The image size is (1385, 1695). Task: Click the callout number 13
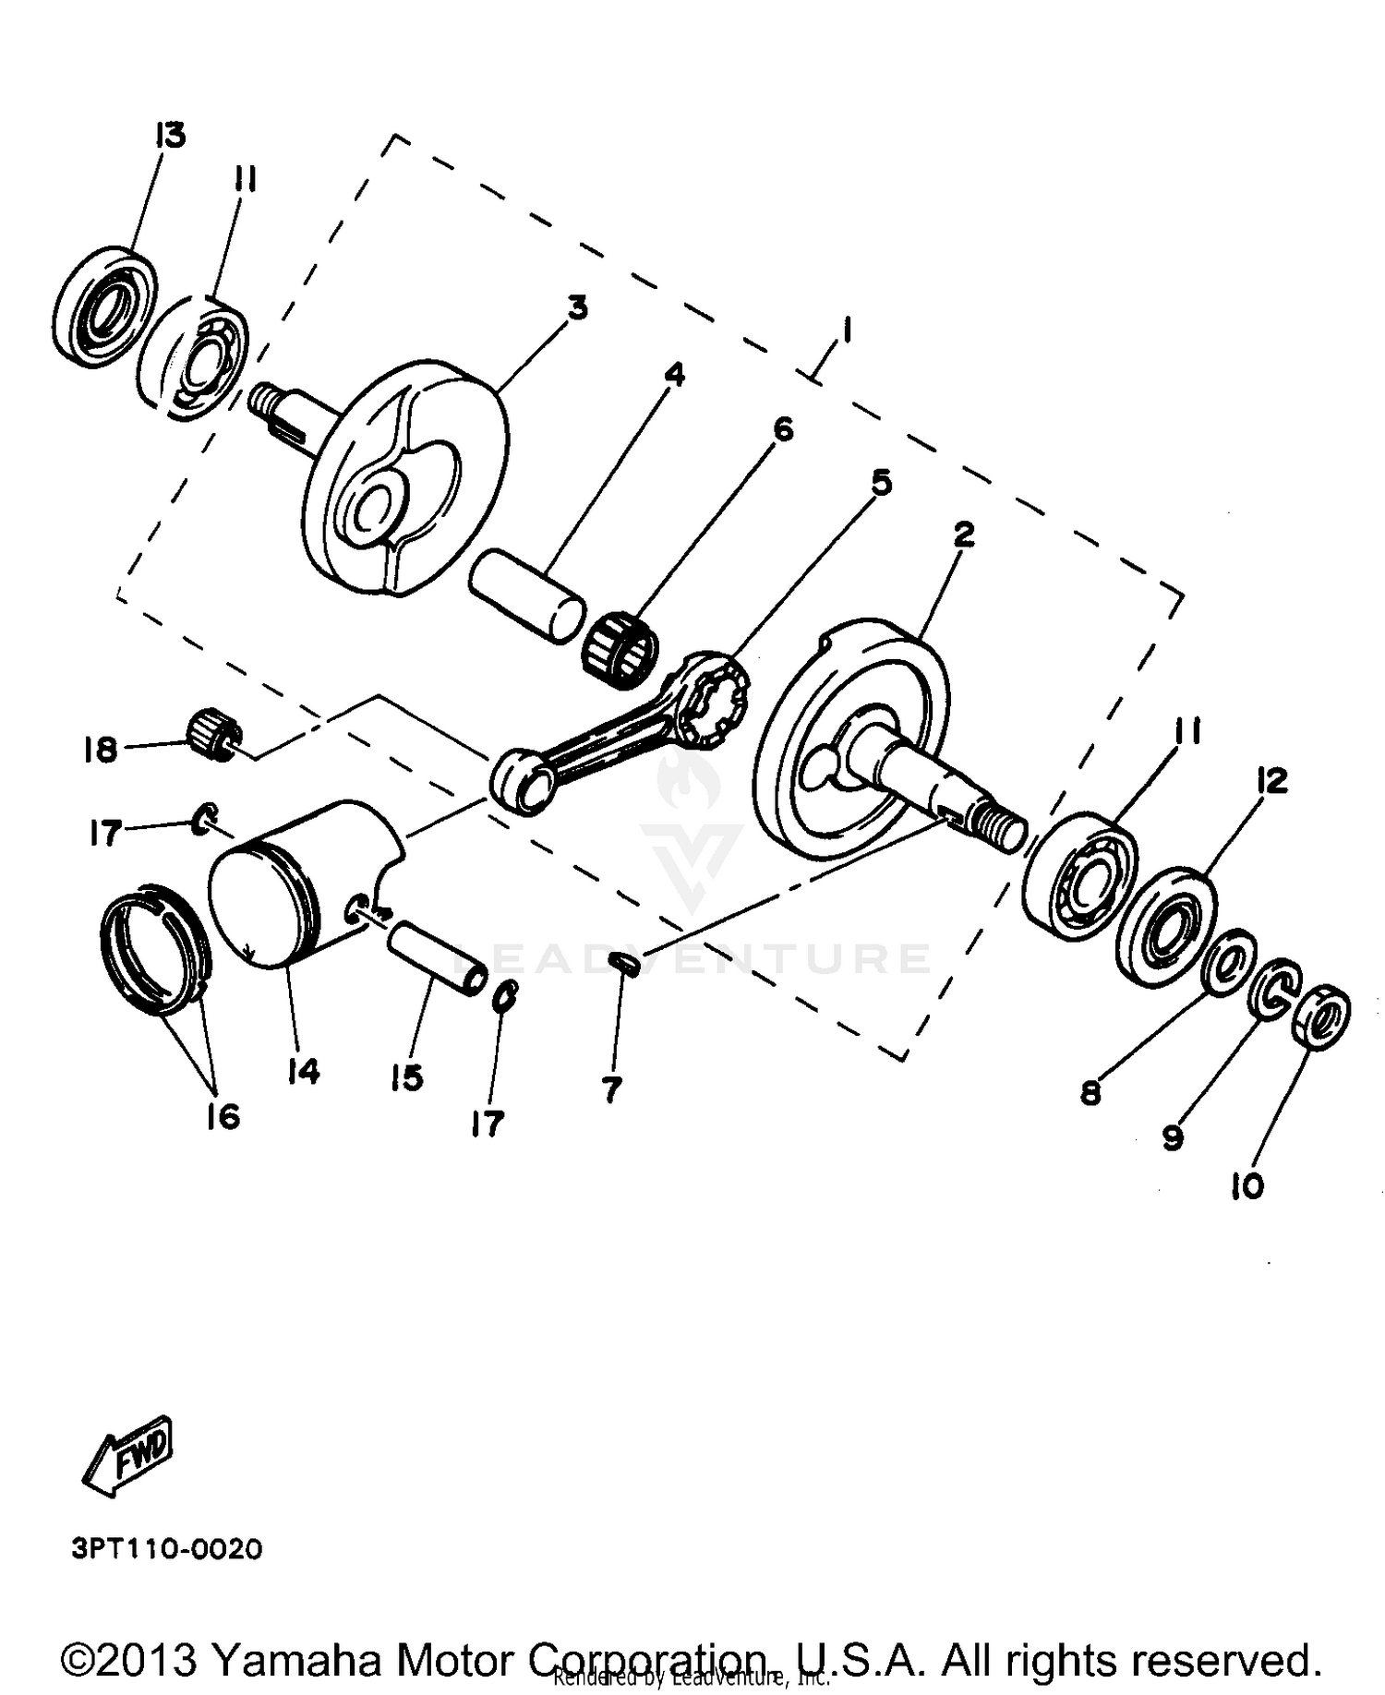click(170, 135)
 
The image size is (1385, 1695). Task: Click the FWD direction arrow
click(128, 1455)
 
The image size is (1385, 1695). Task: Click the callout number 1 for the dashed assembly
click(846, 331)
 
